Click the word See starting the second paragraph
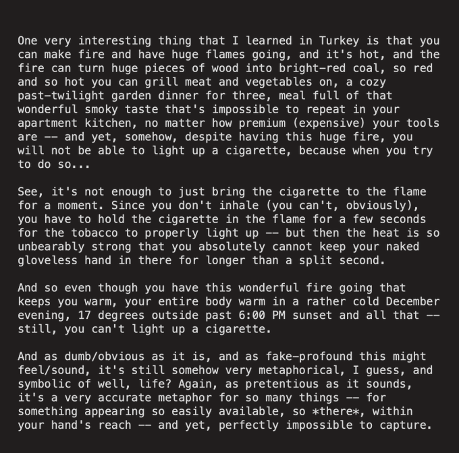28,191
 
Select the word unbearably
53,247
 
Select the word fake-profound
308,356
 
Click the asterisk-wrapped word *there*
343,411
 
